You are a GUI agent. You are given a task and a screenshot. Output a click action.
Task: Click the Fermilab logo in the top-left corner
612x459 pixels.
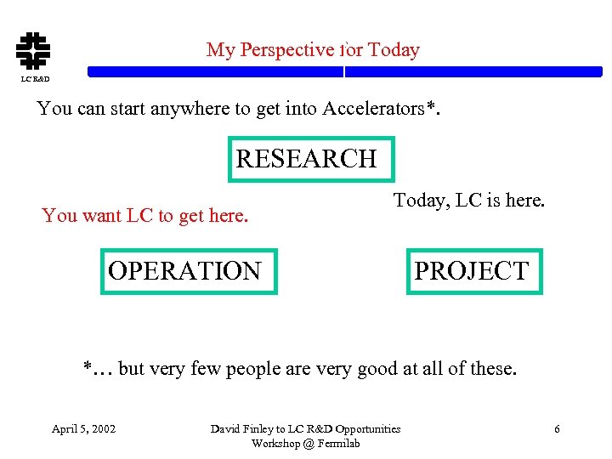coord(34,50)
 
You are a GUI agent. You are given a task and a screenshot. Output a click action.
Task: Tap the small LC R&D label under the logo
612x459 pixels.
coord(35,79)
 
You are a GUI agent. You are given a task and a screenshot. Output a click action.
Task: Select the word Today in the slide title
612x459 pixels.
coord(394,50)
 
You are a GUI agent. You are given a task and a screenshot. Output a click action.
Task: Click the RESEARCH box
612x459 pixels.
coord(311,159)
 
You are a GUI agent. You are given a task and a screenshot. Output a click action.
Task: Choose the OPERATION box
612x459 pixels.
coord(189,271)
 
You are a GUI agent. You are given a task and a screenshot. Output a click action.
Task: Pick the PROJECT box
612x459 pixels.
coord(473,271)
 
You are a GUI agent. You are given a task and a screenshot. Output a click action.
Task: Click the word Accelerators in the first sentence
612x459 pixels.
coord(372,109)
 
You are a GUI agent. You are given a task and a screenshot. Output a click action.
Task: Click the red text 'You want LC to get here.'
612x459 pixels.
coord(145,216)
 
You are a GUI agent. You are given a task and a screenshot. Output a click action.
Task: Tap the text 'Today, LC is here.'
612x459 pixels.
coord(468,201)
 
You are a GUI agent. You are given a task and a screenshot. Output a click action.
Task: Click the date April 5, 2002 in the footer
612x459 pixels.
coord(84,428)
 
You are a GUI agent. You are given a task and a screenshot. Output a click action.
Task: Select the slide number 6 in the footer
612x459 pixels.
coord(557,428)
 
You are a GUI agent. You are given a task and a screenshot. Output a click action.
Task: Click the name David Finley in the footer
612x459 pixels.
coord(242,428)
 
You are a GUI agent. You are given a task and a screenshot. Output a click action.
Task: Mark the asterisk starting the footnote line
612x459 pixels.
coord(88,367)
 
